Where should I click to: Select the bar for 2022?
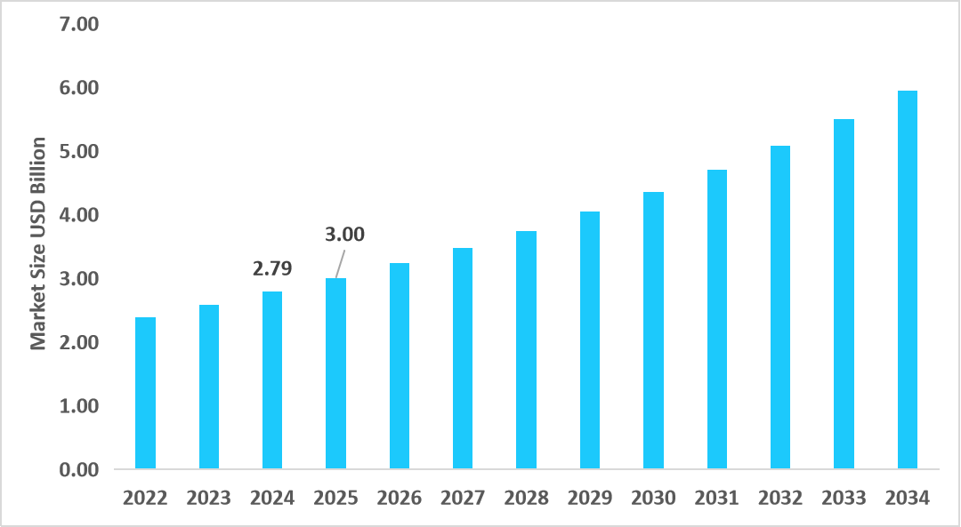coord(145,393)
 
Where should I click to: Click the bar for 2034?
coord(907,279)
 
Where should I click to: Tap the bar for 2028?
coord(526,349)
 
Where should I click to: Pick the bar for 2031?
coord(716,319)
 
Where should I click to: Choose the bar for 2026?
coord(399,365)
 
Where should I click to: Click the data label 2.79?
coord(272,267)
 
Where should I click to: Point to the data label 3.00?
coord(344,236)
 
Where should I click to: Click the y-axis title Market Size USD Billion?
coord(38,244)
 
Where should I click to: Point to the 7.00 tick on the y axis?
coord(78,24)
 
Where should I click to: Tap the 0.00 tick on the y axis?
coord(78,469)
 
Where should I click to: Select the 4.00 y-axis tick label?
coord(78,215)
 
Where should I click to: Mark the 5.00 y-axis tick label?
coord(78,151)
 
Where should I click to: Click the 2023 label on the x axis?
coord(208,498)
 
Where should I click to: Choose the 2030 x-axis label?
coord(652,498)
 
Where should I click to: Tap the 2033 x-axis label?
coord(843,498)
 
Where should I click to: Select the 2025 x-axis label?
coord(335,498)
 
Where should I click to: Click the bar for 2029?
coord(589,339)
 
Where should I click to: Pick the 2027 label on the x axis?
coord(462,498)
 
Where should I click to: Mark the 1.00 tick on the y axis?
coord(78,406)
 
